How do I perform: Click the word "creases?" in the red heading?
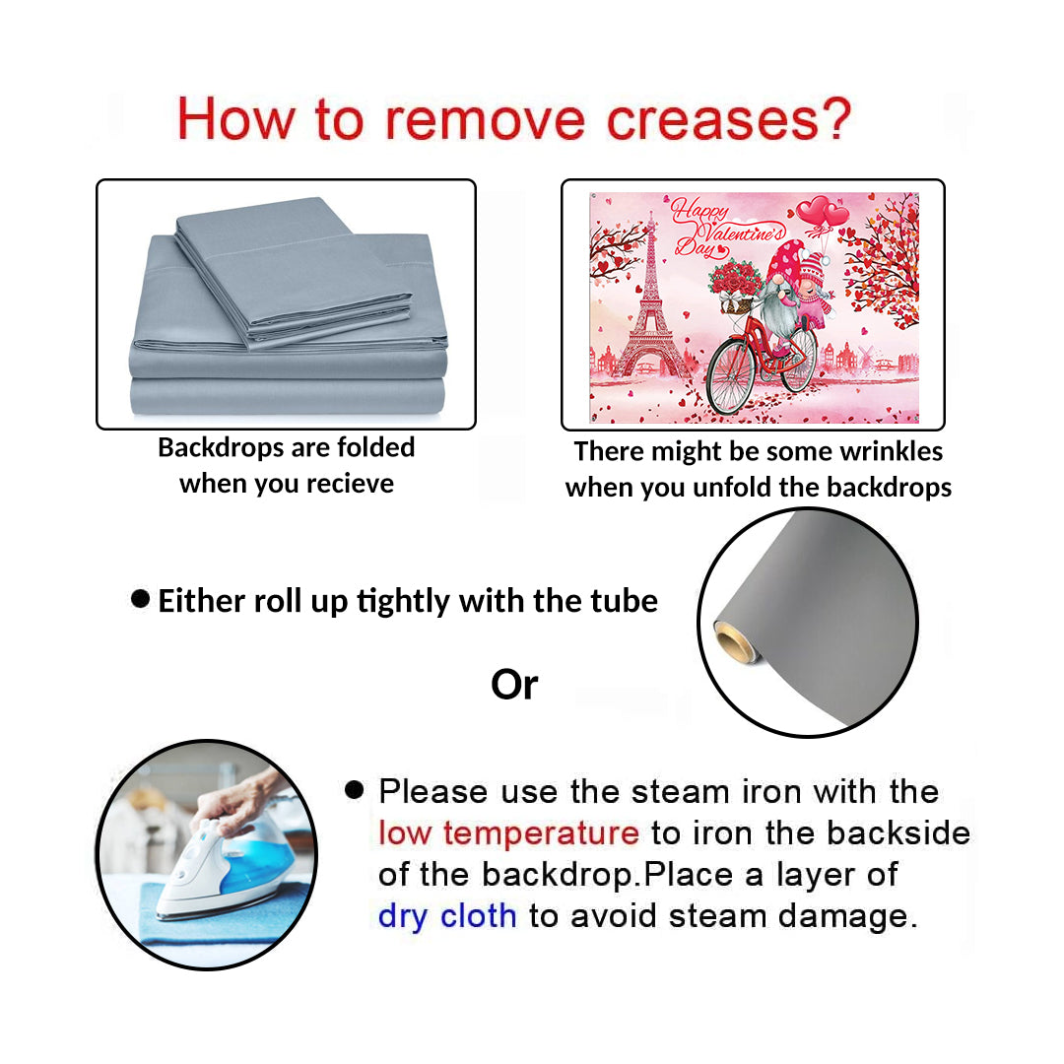pos(728,119)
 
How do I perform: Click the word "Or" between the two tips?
pos(514,685)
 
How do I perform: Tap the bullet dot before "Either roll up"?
pos(141,599)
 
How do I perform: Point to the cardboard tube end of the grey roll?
pos(734,641)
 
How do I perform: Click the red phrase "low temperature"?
pos(509,833)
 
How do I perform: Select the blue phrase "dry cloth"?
pos(447,916)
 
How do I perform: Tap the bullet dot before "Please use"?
pos(355,790)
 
